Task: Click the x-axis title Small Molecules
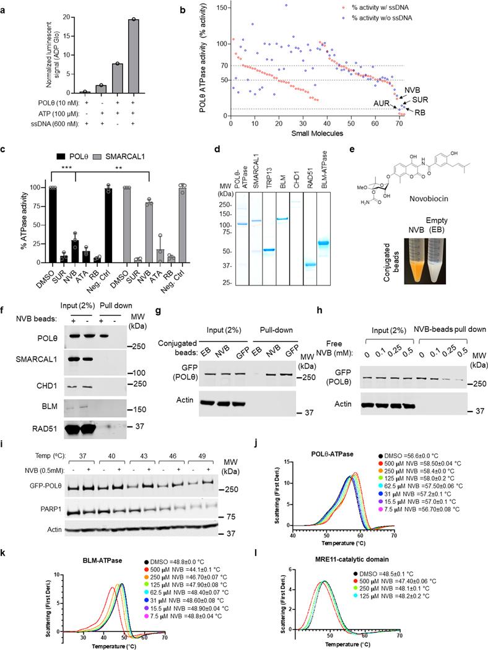tap(315, 132)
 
